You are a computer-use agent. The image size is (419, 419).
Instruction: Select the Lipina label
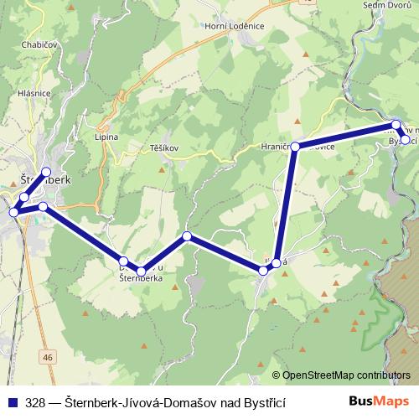107,136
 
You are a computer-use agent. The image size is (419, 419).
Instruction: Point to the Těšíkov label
164,147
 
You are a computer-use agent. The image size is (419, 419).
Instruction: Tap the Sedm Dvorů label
385,5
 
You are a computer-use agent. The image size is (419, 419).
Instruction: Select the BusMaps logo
380,401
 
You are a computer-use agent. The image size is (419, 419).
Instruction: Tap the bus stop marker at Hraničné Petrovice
295,146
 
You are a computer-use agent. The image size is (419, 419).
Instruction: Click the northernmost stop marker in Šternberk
47,172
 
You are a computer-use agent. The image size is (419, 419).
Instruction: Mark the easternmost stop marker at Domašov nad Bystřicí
406,140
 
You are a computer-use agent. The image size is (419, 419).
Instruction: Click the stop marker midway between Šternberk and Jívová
187,236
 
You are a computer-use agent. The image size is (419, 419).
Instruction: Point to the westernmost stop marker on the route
13,212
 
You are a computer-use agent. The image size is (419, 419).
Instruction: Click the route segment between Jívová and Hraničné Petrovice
286,205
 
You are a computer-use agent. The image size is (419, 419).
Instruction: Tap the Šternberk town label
45,179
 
